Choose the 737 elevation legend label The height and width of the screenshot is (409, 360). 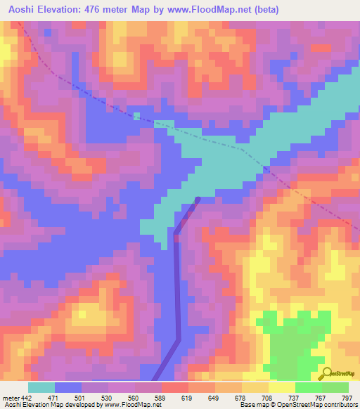(x=295, y=398)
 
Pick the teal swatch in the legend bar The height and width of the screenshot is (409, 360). (x=41, y=387)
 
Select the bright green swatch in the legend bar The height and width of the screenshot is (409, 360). (x=308, y=387)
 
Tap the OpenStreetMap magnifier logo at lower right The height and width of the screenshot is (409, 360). (x=327, y=372)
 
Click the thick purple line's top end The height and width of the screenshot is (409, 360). (x=198, y=199)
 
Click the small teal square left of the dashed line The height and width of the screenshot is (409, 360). (x=136, y=116)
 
